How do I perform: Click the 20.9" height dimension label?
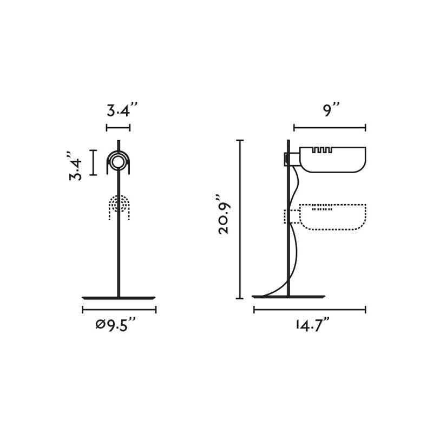[224, 214]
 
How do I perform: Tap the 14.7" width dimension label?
[312, 325]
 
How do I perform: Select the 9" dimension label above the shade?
[331, 110]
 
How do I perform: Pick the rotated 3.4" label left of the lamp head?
[75, 166]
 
